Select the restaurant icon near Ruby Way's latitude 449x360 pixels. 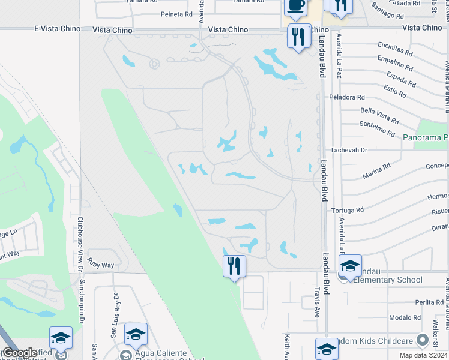(x=234, y=266)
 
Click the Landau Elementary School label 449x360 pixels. (x=388, y=280)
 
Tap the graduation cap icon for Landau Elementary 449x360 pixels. (x=350, y=266)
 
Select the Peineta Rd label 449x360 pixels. (x=176, y=14)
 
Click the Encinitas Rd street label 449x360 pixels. (x=395, y=45)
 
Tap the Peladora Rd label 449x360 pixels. (x=346, y=97)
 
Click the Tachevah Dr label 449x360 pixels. (x=348, y=150)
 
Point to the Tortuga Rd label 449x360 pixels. (x=347, y=210)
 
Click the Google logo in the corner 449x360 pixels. (x=20, y=353)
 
